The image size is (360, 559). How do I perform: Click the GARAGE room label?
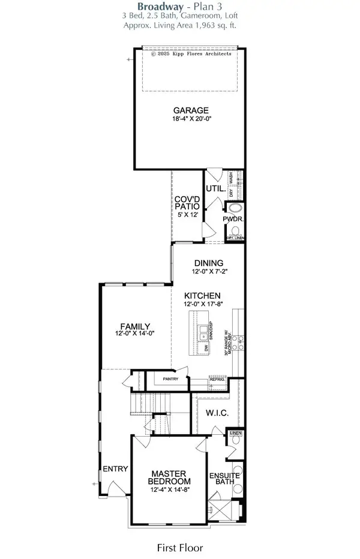[191, 110]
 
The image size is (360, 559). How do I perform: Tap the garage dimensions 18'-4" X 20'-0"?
[191, 119]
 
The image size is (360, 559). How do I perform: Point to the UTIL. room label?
[215, 189]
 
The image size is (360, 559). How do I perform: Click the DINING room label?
[208, 263]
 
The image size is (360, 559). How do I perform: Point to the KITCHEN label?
[202, 296]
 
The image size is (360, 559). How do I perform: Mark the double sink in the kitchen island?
[205, 330]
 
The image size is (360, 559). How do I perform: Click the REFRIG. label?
[217, 379]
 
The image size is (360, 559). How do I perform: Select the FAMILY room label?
[135, 326]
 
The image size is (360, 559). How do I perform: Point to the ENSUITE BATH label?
[224, 480]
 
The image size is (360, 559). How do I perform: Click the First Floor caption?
[180, 548]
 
